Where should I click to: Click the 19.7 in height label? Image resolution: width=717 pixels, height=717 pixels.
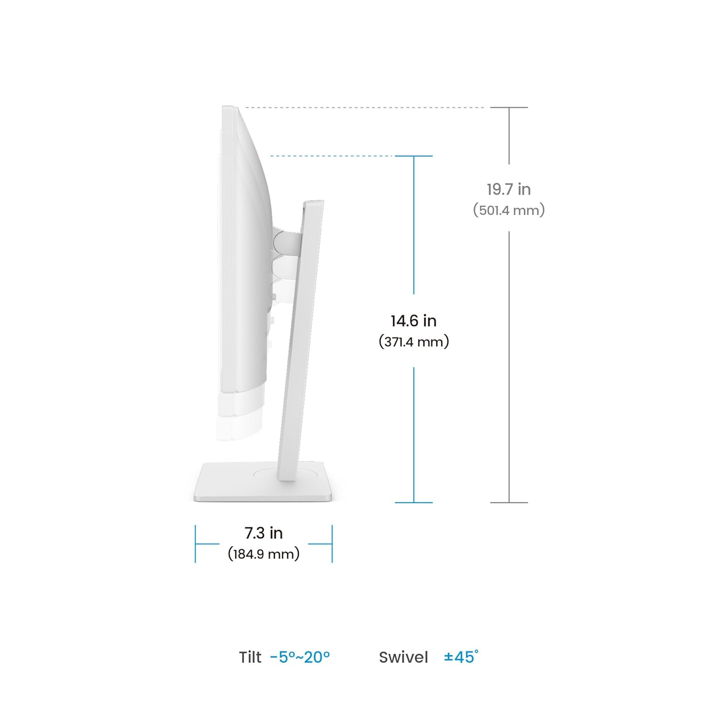(509, 189)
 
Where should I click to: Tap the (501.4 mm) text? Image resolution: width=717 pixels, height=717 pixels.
(509, 210)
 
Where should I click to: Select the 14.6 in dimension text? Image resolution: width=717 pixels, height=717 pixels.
(413, 321)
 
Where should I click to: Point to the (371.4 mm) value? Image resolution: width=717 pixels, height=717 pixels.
(413, 342)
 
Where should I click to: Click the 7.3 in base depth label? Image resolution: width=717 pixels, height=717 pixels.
(263, 532)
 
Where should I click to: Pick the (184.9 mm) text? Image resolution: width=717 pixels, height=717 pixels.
(263, 554)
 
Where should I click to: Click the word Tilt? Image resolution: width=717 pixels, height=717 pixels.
(250, 657)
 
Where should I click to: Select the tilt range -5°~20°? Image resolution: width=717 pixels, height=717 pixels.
(300, 657)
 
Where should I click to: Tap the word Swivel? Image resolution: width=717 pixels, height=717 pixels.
(403, 657)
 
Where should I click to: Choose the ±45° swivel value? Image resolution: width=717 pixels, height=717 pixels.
(461, 657)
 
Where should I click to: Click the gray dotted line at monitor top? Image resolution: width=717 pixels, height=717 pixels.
(363, 108)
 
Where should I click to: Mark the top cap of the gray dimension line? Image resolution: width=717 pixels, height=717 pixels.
(509, 108)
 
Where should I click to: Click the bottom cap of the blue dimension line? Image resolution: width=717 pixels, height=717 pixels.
(413, 502)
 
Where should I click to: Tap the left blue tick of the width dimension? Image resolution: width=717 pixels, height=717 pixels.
(196, 543)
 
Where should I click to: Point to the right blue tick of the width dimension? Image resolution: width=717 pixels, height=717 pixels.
(332, 543)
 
